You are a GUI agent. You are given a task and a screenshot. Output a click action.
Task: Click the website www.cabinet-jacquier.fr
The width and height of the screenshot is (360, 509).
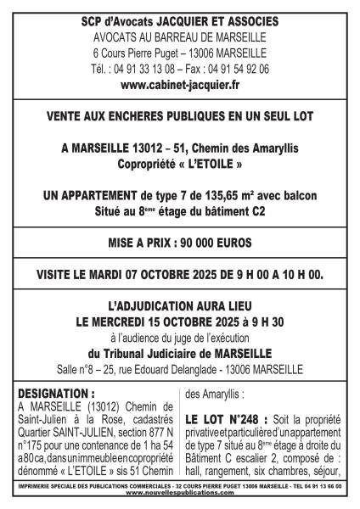pos(180,85)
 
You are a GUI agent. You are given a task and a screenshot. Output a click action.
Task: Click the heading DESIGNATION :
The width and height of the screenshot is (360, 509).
pos(55,370)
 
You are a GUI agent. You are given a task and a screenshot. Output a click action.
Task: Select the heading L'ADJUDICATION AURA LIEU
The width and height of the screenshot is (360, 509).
pos(180,307)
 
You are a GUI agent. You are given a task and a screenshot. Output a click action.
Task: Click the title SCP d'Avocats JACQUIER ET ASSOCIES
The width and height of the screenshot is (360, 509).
pos(180,20)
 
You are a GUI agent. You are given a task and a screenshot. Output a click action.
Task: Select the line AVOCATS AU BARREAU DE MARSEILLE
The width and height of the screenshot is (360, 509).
pos(180,37)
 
